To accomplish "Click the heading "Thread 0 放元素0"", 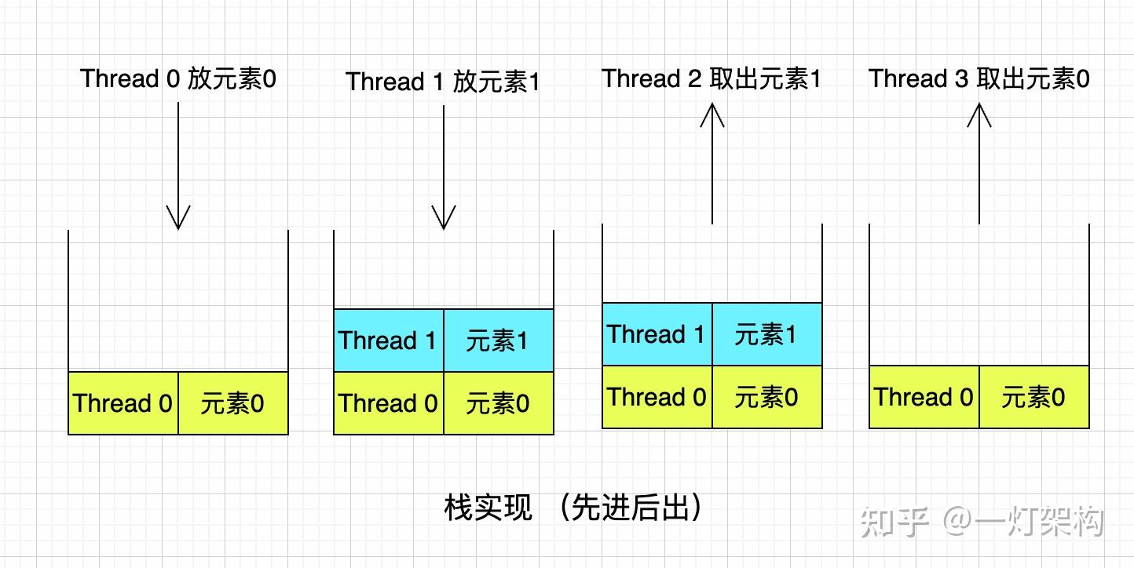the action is [178, 79].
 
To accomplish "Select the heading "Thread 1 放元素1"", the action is [443, 82].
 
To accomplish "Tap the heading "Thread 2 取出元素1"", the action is [711, 79].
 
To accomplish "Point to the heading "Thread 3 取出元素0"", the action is [979, 79].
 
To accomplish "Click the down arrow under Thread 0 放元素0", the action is [178, 166].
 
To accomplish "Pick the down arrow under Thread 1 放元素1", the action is [444, 167].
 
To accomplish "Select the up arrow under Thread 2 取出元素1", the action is [712, 163].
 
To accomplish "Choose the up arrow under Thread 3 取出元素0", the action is [979, 163].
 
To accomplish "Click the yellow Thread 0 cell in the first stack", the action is [123, 403].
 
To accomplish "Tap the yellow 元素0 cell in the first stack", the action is [233, 403].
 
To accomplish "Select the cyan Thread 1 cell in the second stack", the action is [388, 340].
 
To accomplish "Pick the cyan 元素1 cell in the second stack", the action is [499, 340].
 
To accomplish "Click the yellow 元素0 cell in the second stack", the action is [499, 403].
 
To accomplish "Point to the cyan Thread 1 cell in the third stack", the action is [657, 334].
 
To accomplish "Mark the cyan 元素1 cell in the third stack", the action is [767, 334].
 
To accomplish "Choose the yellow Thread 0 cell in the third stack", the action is [657, 397].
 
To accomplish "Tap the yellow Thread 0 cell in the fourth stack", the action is [924, 397].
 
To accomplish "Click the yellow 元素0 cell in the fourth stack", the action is [1034, 397].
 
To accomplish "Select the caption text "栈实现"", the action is [488, 508].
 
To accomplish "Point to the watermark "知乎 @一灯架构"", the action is [982, 522].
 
